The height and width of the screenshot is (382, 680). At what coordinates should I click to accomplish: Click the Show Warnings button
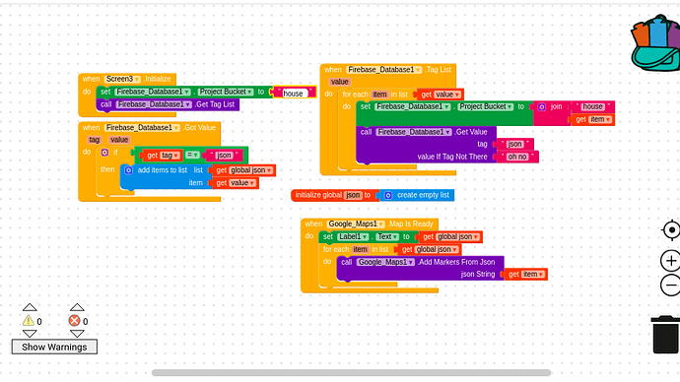pyautogui.click(x=54, y=347)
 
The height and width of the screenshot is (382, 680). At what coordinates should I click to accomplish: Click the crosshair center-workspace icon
pyautogui.click(x=670, y=230)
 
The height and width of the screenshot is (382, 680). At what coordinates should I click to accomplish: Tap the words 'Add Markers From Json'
pyautogui.click(x=457, y=262)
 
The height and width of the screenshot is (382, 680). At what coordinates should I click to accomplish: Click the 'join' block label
pyautogui.click(x=556, y=106)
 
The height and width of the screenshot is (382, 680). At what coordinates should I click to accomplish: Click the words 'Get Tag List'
pyautogui.click(x=214, y=103)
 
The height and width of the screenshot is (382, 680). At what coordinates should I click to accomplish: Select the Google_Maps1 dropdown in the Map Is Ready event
pyautogui.click(x=356, y=224)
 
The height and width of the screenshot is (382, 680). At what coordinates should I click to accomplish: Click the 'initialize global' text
pyautogui.click(x=318, y=195)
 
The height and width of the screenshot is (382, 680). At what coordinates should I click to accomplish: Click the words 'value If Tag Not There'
pyautogui.click(x=452, y=157)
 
